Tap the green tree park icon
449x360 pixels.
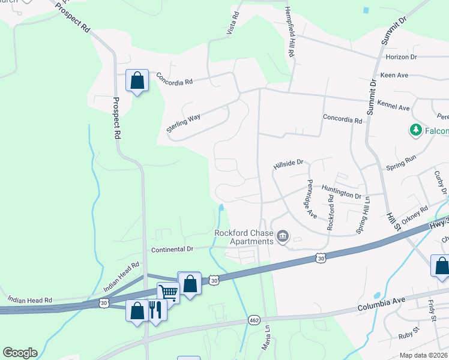click(x=415, y=130)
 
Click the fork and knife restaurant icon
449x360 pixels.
click(x=155, y=309)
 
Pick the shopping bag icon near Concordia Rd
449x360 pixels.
click(x=137, y=80)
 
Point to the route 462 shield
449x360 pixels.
click(x=255, y=321)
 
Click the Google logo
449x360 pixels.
click(x=20, y=353)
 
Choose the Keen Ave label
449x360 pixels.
click(x=394, y=75)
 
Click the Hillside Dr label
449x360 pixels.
click(x=289, y=162)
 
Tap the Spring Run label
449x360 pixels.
click(x=401, y=161)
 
